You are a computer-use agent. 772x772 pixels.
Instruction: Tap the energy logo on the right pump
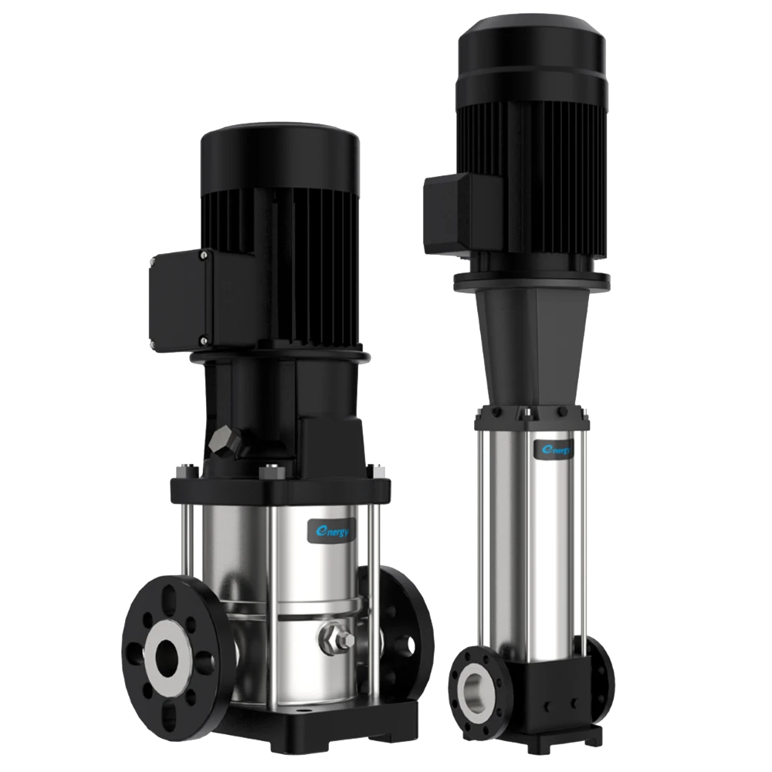coord(554,449)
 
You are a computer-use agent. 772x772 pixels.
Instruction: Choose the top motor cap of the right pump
coord(532,54)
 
